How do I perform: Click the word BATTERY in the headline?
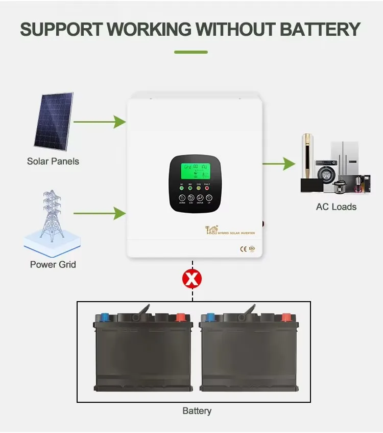pyautogui.click(x=321, y=29)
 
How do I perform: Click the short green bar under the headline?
pyautogui.click(x=191, y=52)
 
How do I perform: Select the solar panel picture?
pyautogui.click(x=54, y=122)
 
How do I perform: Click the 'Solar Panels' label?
pyautogui.click(x=53, y=162)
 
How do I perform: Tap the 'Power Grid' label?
pyautogui.click(x=53, y=264)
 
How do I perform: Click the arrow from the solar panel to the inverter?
pyautogui.click(x=100, y=122)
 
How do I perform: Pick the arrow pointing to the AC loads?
pyautogui.click(x=279, y=164)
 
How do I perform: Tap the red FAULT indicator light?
pyautogui.click(x=207, y=188)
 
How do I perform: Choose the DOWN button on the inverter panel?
pyautogui.click(x=182, y=197)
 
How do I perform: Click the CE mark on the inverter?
pyautogui.click(x=243, y=249)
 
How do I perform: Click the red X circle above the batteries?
pyautogui.click(x=193, y=279)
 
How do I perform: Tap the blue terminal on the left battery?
pyautogui.click(x=105, y=317)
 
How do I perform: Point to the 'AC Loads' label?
pyautogui.click(x=336, y=207)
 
